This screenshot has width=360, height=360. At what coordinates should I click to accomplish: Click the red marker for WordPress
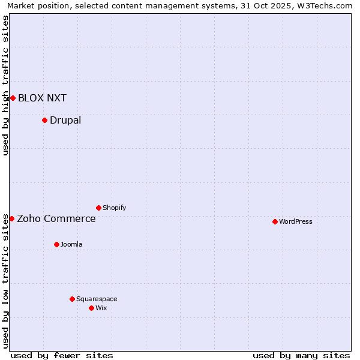[275, 221]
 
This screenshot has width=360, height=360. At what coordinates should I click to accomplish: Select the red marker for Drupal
[44, 120]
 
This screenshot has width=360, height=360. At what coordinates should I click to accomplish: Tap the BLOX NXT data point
[13, 98]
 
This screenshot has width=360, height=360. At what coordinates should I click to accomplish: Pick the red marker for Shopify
[98, 208]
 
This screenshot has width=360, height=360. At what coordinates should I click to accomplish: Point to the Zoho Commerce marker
[11, 218]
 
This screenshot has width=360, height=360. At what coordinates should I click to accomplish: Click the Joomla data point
[56, 244]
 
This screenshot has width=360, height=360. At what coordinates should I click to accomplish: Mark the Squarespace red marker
[72, 299]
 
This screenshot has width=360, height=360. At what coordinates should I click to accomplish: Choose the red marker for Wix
[91, 308]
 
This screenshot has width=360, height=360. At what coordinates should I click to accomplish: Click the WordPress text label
[296, 221]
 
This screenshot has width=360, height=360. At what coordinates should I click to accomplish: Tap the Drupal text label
[65, 120]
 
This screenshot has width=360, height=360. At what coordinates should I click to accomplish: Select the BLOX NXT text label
[42, 98]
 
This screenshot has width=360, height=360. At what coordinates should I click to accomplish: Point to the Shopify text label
[115, 208]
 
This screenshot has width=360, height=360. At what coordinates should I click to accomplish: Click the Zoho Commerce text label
[56, 218]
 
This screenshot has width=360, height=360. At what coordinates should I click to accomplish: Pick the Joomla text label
[71, 244]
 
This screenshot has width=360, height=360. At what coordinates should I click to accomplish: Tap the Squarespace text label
[97, 299]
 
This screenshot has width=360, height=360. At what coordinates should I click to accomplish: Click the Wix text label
[101, 308]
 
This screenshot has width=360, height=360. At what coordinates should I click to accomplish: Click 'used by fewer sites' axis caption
[62, 355]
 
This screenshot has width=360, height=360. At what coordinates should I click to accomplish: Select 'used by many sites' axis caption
[301, 355]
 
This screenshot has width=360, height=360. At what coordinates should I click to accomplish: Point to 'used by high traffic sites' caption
[5, 85]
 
